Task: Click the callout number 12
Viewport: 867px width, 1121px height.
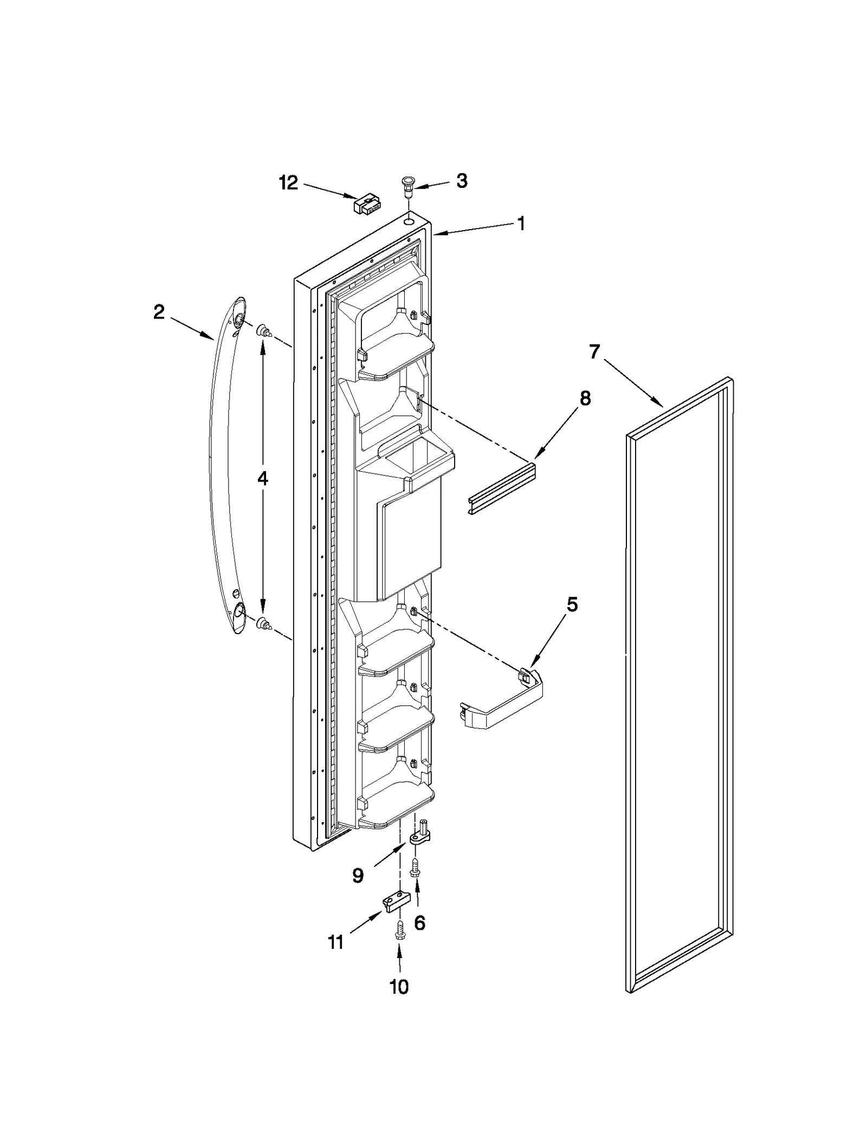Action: point(288,183)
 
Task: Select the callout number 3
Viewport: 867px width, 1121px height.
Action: point(461,181)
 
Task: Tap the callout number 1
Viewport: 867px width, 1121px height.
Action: point(521,224)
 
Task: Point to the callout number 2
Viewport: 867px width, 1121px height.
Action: point(158,312)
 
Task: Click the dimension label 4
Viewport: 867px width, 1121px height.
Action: point(262,478)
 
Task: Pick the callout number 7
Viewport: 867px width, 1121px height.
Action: point(594,352)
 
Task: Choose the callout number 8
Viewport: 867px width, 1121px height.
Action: point(585,399)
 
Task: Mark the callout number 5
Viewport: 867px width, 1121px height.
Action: point(572,604)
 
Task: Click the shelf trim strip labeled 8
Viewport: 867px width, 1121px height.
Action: point(502,486)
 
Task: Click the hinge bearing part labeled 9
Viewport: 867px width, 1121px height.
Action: point(419,838)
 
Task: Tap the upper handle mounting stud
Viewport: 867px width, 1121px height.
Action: point(264,331)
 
